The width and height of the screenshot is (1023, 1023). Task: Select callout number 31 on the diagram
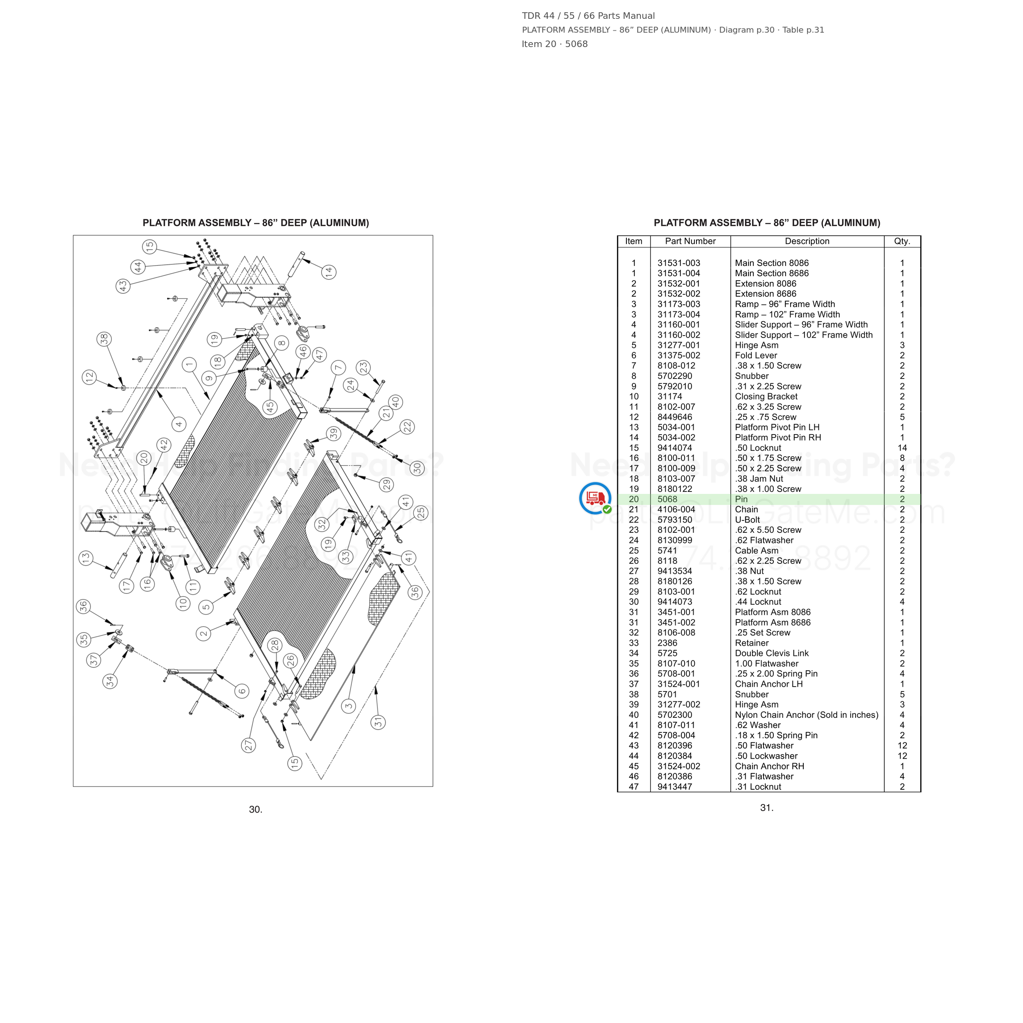[x=378, y=722]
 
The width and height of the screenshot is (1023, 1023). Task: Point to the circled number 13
[x=86, y=558]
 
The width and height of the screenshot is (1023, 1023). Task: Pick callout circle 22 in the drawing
[x=407, y=427]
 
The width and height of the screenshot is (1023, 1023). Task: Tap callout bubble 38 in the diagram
[x=104, y=339]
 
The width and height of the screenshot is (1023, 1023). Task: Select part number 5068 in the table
[x=667, y=499]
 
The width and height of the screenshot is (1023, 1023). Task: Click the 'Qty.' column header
[x=902, y=241]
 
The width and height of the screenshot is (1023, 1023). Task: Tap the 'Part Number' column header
[x=690, y=241]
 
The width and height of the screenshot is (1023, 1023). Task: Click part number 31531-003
[x=679, y=263]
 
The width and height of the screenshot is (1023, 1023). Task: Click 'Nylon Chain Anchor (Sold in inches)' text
[x=807, y=715]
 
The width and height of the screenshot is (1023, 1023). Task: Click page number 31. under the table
[x=767, y=807]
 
